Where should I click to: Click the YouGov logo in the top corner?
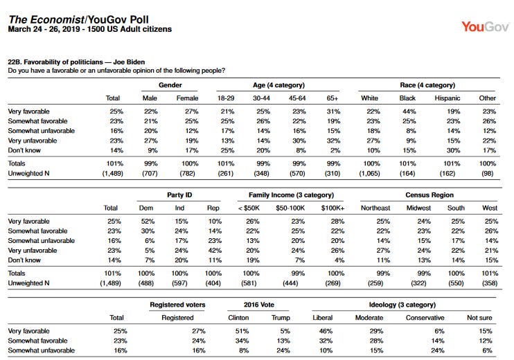(x=486, y=26)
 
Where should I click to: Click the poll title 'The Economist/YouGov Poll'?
(x=79, y=19)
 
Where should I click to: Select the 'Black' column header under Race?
(x=407, y=98)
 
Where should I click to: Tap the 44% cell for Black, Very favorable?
(x=409, y=111)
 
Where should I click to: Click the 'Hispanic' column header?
(x=447, y=98)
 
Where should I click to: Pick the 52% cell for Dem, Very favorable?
(x=148, y=221)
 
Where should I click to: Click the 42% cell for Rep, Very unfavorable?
(x=215, y=250)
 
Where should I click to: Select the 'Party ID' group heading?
(x=179, y=195)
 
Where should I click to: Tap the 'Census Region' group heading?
(x=429, y=195)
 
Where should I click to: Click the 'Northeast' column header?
(x=375, y=208)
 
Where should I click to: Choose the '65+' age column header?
(x=332, y=98)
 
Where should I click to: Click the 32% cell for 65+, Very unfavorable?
(x=333, y=141)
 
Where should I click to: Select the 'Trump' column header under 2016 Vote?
(x=281, y=317)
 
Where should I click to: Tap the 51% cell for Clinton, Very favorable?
(x=242, y=331)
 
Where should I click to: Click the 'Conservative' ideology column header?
(x=425, y=317)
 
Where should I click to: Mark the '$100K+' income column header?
(x=333, y=208)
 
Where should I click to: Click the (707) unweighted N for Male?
(x=150, y=173)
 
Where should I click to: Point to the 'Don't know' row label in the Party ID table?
(x=24, y=260)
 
